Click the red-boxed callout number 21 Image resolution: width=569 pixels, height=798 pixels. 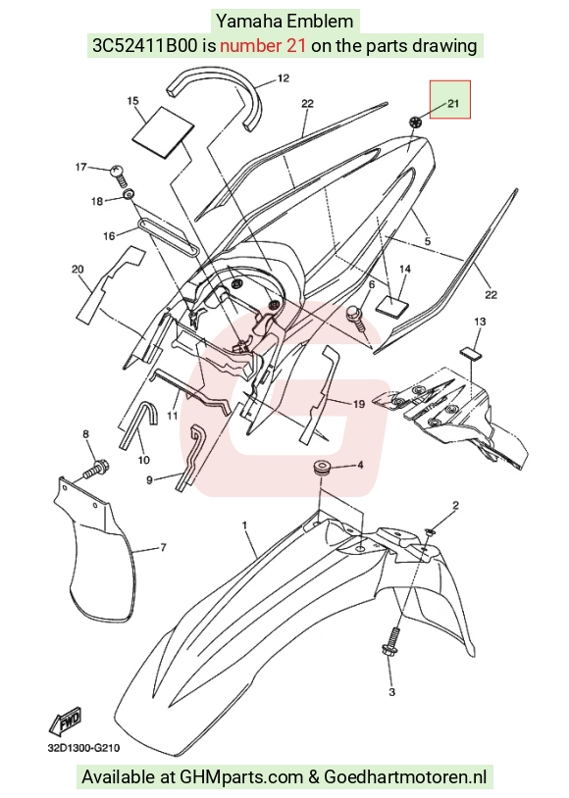pyautogui.click(x=453, y=103)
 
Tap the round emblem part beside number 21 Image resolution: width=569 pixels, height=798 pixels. pyautogui.click(x=416, y=123)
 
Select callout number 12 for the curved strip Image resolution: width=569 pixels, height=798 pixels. pyautogui.click(x=284, y=78)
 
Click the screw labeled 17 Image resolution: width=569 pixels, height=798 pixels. pyautogui.click(x=118, y=174)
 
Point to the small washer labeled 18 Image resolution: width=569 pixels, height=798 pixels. pyautogui.click(x=129, y=194)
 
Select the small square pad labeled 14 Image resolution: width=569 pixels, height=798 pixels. pyautogui.click(x=392, y=305)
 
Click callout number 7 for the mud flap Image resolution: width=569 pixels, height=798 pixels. pyautogui.click(x=163, y=548)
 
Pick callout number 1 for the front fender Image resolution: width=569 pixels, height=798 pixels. pyautogui.click(x=245, y=524)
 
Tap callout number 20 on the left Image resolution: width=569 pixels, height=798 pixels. pyautogui.click(x=78, y=270)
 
